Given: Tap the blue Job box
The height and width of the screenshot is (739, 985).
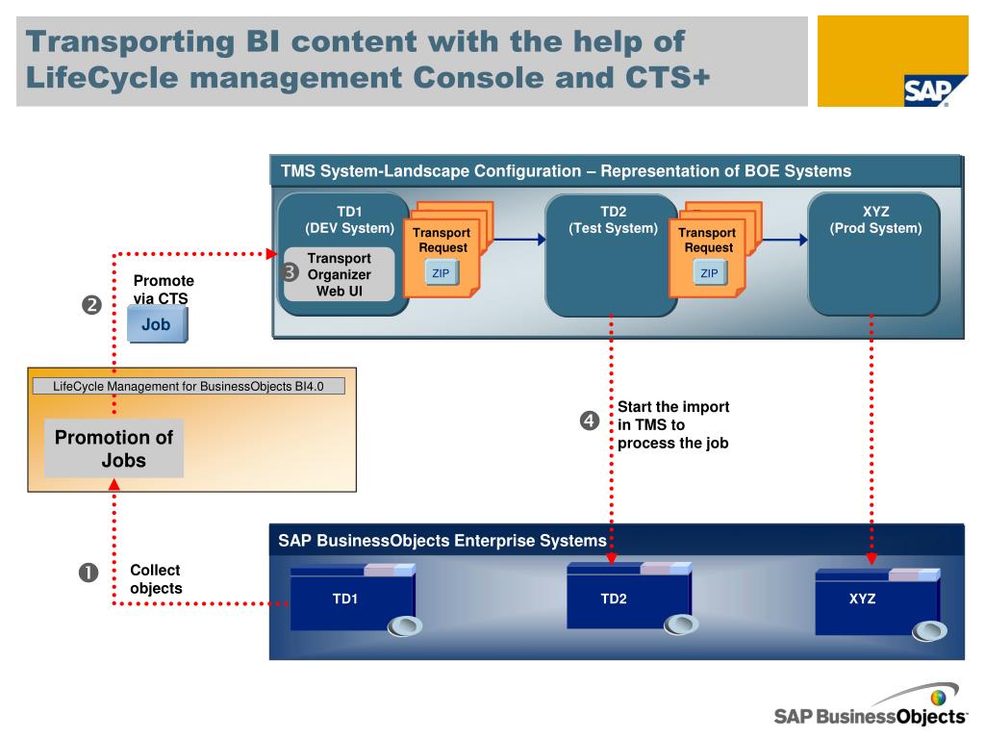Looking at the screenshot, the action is (x=157, y=324).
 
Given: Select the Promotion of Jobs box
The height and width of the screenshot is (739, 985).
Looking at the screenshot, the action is (x=114, y=448).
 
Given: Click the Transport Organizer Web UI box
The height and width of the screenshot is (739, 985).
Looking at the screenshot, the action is (x=340, y=274).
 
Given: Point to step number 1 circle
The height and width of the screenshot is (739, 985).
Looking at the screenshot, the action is (x=88, y=573).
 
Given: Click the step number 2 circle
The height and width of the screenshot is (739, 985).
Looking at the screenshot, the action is (x=91, y=305).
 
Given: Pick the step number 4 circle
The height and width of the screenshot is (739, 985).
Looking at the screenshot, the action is (x=590, y=420).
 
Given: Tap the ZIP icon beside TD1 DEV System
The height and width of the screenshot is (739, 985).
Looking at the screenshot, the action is (x=441, y=272).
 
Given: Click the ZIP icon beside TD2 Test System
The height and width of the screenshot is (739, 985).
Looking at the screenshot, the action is (x=710, y=272).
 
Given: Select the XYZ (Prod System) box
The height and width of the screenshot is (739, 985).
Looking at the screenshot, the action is (x=873, y=254).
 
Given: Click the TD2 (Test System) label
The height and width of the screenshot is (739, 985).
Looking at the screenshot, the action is (x=613, y=220).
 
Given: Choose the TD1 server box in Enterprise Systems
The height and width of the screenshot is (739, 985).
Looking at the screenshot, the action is (x=353, y=599).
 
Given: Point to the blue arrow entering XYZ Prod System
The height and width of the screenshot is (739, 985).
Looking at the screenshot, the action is (x=785, y=240).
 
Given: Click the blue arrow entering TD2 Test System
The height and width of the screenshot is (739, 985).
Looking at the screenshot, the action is (x=520, y=239).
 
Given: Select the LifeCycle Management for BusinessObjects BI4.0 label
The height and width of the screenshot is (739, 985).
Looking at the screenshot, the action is (x=189, y=386).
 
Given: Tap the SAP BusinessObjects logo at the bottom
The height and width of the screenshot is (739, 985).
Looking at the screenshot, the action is (x=871, y=705).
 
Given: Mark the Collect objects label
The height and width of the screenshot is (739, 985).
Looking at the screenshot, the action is (x=156, y=578).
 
